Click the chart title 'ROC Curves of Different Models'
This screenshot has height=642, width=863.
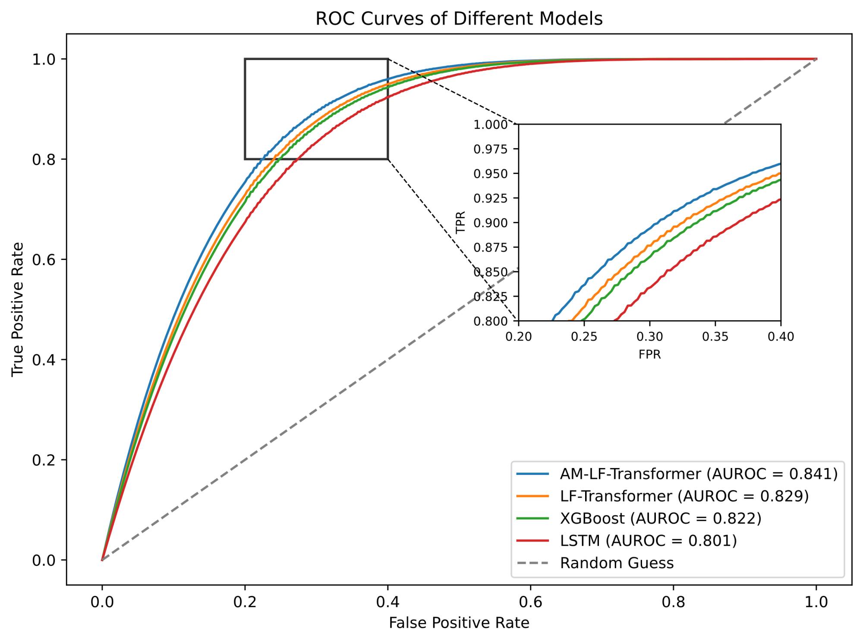tap(459, 19)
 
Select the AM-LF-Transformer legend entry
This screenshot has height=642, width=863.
tap(698, 474)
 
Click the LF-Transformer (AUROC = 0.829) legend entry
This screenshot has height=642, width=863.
tap(684, 496)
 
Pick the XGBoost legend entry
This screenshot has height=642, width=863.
tap(660, 518)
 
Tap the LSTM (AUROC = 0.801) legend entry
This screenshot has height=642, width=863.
tap(648, 541)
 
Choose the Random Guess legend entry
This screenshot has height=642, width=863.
tap(617, 563)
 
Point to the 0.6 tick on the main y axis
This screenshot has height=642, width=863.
tap(44, 259)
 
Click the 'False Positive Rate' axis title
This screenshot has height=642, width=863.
tap(459, 623)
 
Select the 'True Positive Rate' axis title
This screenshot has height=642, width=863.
tap(18, 309)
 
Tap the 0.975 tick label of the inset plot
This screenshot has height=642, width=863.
tap(491, 149)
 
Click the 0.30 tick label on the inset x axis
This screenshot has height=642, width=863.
tap(649, 337)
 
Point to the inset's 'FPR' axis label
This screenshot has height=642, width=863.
tap(649, 355)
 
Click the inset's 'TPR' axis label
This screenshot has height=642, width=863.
tap(461, 222)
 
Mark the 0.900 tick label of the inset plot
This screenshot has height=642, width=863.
tap(491, 223)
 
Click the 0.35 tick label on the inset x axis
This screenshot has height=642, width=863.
tap(715, 337)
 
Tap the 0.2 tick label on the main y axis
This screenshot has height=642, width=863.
tap(44, 460)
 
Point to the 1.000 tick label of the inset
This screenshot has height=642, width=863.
tap(491, 125)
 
